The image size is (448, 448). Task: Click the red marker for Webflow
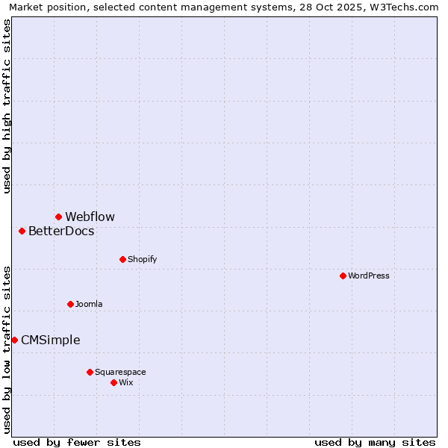(x=58, y=217)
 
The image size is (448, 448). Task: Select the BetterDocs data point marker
(x=22, y=231)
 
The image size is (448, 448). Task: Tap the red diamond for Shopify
(x=122, y=259)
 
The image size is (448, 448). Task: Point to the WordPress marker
(x=343, y=276)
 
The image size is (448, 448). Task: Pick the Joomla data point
(x=70, y=304)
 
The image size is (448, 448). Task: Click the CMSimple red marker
(x=14, y=340)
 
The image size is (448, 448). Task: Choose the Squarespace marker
(x=90, y=372)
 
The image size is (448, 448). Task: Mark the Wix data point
(x=113, y=382)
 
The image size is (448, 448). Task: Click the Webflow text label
(x=90, y=217)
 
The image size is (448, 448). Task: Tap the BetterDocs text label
(x=61, y=231)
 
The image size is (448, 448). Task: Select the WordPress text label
(x=369, y=276)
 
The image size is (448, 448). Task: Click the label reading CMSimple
(x=50, y=340)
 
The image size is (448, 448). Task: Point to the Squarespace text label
(x=120, y=372)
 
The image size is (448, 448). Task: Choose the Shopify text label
(x=142, y=259)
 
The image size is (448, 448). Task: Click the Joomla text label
(x=89, y=304)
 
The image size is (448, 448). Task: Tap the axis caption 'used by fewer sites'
(x=77, y=442)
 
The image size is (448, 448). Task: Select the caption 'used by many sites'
(x=375, y=442)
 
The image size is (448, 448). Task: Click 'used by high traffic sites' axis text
(x=7, y=106)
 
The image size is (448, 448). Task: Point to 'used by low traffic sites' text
(x=7, y=349)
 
